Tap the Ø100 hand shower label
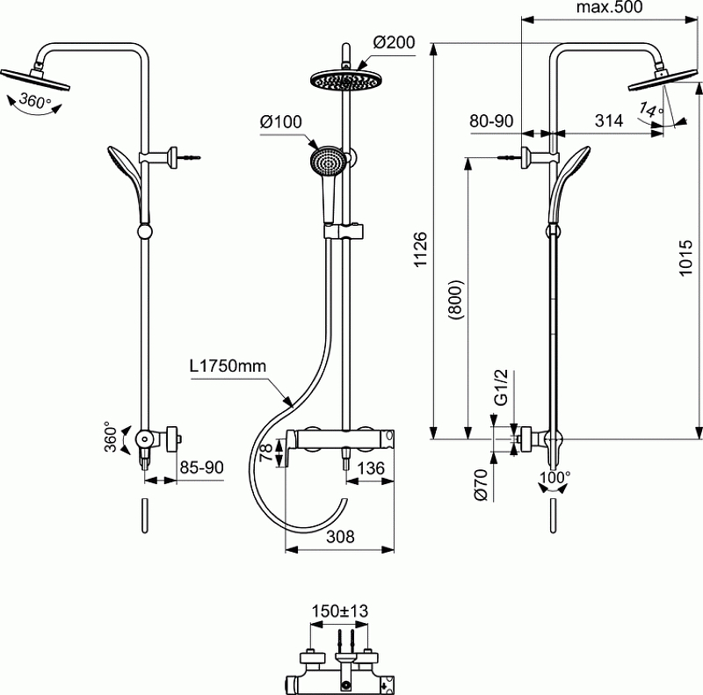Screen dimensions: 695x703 280,123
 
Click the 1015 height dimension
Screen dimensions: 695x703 689,261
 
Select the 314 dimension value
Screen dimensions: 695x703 608,120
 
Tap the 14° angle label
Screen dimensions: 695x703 650,112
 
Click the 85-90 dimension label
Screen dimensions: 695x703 200,468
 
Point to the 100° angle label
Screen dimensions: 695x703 554,476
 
